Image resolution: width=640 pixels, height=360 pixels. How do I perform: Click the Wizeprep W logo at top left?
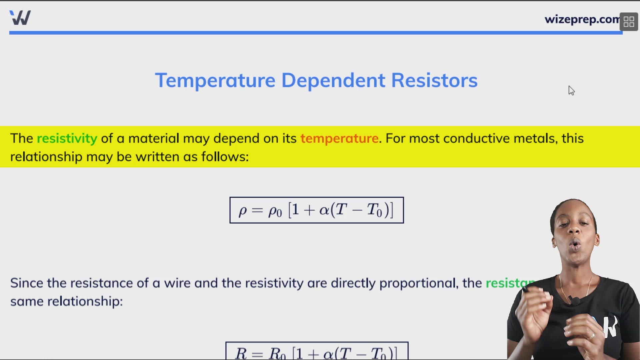point(20,18)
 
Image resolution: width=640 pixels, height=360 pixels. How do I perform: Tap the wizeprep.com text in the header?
point(582,19)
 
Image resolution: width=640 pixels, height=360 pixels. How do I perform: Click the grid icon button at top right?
point(629,22)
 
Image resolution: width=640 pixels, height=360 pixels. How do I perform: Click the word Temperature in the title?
point(215,81)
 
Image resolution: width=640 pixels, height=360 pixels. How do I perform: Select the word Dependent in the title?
point(333,81)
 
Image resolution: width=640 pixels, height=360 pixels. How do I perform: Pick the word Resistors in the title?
point(434,81)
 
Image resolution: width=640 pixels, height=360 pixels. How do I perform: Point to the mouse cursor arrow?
point(571,90)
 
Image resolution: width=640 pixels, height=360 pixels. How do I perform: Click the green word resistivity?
point(67,138)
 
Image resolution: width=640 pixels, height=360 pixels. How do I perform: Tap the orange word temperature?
point(339,138)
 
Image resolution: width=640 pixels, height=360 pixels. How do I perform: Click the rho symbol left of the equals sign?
point(242,211)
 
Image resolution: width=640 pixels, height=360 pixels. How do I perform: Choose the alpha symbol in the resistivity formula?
point(324,210)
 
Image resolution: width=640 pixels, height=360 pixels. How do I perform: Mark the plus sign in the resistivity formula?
point(309,210)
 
